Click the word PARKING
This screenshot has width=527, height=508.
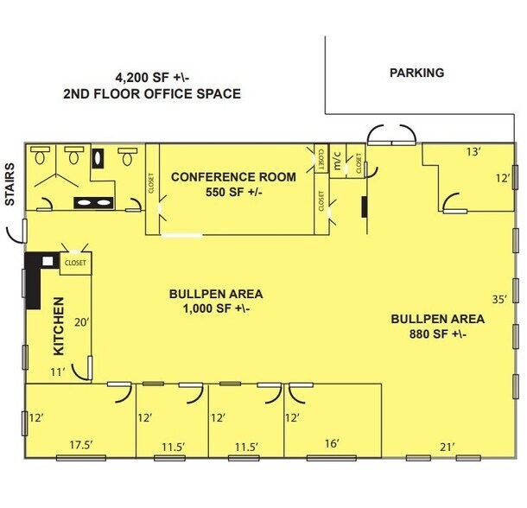point(416,73)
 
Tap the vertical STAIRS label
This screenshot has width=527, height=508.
point(11,183)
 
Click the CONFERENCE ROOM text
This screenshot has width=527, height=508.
point(233,177)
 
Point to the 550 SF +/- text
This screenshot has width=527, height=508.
point(233,192)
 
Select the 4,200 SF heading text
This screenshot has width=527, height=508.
point(151,77)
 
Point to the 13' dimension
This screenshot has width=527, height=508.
point(474,152)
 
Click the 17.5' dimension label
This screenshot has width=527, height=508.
point(81,444)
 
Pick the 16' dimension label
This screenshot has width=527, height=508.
point(333,444)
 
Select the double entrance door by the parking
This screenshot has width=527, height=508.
point(391,136)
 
